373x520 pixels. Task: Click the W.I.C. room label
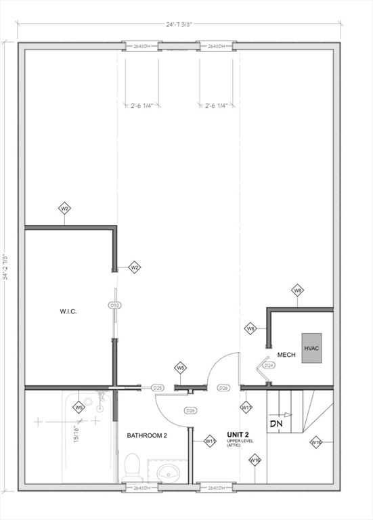[68, 311]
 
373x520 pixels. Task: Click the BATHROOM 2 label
[147, 435]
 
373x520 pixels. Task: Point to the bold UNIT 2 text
[238, 434]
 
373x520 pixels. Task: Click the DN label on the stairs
[276, 424]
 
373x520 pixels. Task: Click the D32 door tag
[114, 306]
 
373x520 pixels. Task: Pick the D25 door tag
[157, 388]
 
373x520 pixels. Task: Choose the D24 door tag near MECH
[269, 366]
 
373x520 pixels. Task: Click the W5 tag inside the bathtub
[79, 408]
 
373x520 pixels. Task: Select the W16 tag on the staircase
[315, 442]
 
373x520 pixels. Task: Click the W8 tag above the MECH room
[297, 290]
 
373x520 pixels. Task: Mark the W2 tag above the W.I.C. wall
[65, 209]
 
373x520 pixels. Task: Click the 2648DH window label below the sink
[141, 487]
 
